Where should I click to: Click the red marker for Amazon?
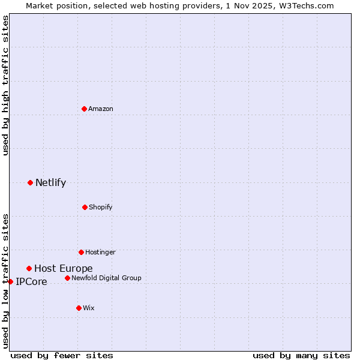85,109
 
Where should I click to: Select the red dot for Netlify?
30,182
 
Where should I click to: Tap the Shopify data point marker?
85,207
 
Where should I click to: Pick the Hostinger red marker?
81,252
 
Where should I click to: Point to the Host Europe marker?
29,268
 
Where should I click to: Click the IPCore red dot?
10,281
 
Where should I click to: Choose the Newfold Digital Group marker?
67,278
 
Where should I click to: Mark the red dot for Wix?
79,308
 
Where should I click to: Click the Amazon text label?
101,109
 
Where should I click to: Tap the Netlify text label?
50,183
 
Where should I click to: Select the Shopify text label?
101,207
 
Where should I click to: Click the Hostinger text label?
100,252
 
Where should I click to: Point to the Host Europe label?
63,269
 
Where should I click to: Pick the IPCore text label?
31,282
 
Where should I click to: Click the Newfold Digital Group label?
106,278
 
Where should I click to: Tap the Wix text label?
89,308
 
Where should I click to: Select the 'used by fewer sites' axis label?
62,355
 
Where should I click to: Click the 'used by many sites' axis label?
301,355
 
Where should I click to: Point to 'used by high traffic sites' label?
5,85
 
